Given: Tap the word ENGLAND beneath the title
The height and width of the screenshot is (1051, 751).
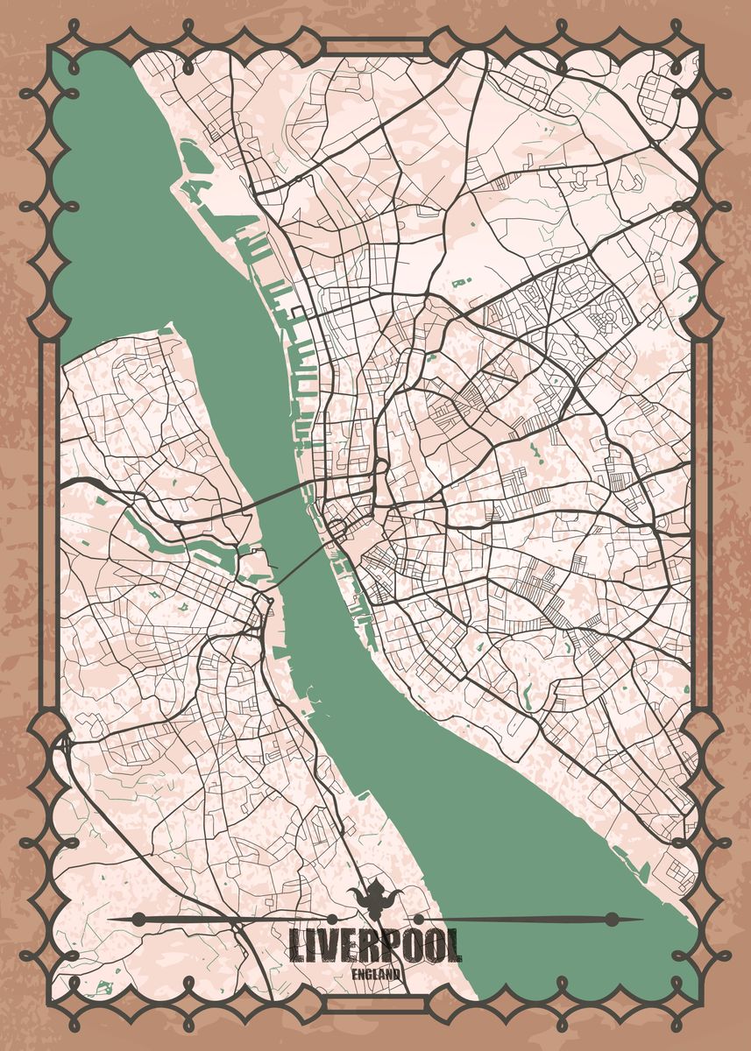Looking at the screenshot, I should pyautogui.click(x=377, y=973).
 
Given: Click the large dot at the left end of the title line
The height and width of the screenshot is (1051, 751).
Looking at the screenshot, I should pyautogui.click(x=138, y=919).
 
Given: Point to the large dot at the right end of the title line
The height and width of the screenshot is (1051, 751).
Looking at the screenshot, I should pyautogui.click(x=612, y=919).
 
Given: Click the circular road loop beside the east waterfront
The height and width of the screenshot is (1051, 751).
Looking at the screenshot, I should pyautogui.click(x=337, y=529).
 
